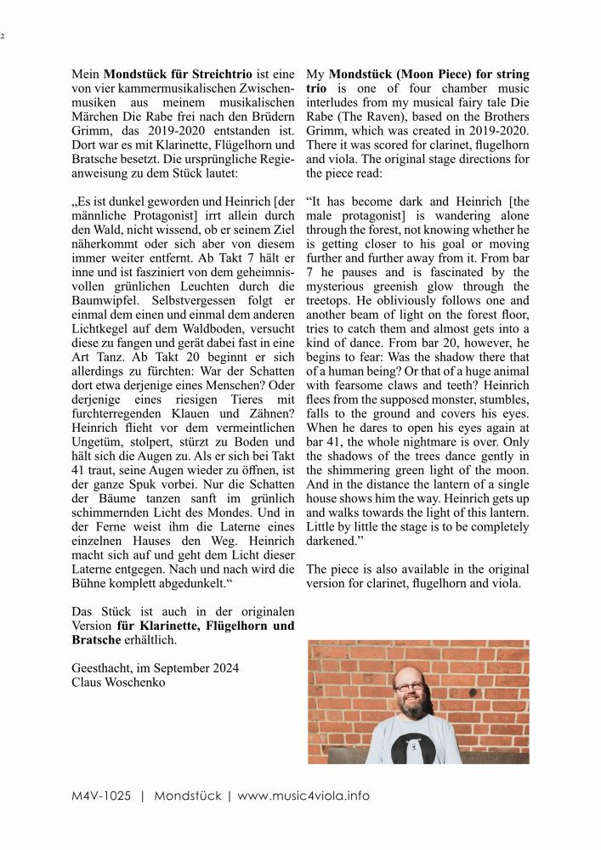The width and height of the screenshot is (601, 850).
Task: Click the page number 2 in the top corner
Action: click(x=3, y=36)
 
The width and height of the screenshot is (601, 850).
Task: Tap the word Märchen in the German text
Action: click(x=95, y=116)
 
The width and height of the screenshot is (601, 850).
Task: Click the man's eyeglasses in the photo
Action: click(x=409, y=685)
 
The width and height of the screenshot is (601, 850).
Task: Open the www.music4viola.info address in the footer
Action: click(x=303, y=796)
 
